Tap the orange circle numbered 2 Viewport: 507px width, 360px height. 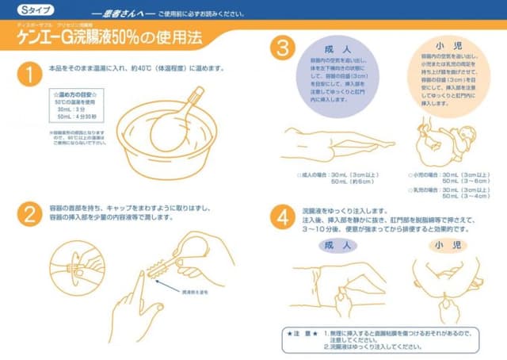[29, 215]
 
